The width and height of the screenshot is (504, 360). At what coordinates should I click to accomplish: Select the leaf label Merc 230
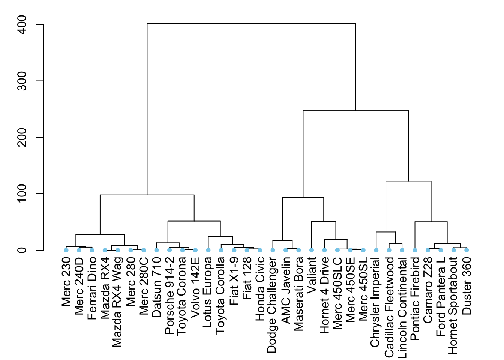[x=66, y=281]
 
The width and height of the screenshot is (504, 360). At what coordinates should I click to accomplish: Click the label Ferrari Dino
[x=92, y=288]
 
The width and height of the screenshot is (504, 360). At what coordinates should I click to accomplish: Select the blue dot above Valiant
[x=312, y=250]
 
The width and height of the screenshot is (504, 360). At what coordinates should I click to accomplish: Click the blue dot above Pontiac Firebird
[x=415, y=250]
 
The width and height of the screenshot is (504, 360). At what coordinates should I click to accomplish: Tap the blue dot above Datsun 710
[x=157, y=250]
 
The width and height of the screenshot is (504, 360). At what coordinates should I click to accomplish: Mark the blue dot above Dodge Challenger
[x=273, y=250]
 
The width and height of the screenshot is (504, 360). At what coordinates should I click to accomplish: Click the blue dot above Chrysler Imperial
[x=376, y=250]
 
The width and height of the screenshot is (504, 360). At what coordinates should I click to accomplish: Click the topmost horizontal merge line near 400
[x=251, y=24]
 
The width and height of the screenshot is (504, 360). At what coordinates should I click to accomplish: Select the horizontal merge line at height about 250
[x=355, y=111]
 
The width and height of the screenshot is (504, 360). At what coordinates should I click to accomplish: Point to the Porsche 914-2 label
[x=169, y=295]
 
